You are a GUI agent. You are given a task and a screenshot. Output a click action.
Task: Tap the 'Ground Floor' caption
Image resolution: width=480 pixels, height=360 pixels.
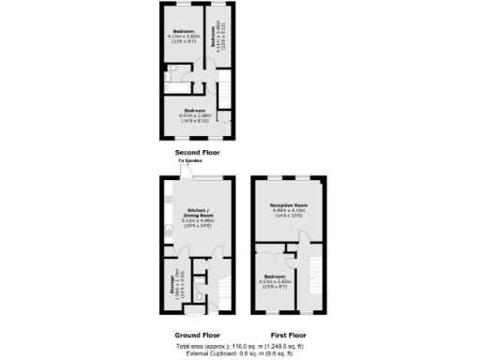tap(198, 334)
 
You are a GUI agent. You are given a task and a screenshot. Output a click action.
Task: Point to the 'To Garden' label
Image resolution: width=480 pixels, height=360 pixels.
tap(190, 162)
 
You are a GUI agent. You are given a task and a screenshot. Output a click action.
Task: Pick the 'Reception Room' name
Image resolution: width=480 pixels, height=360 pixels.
tap(289, 204)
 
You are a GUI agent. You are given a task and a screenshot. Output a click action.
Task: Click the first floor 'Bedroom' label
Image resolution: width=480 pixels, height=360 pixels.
tap(275, 276)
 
